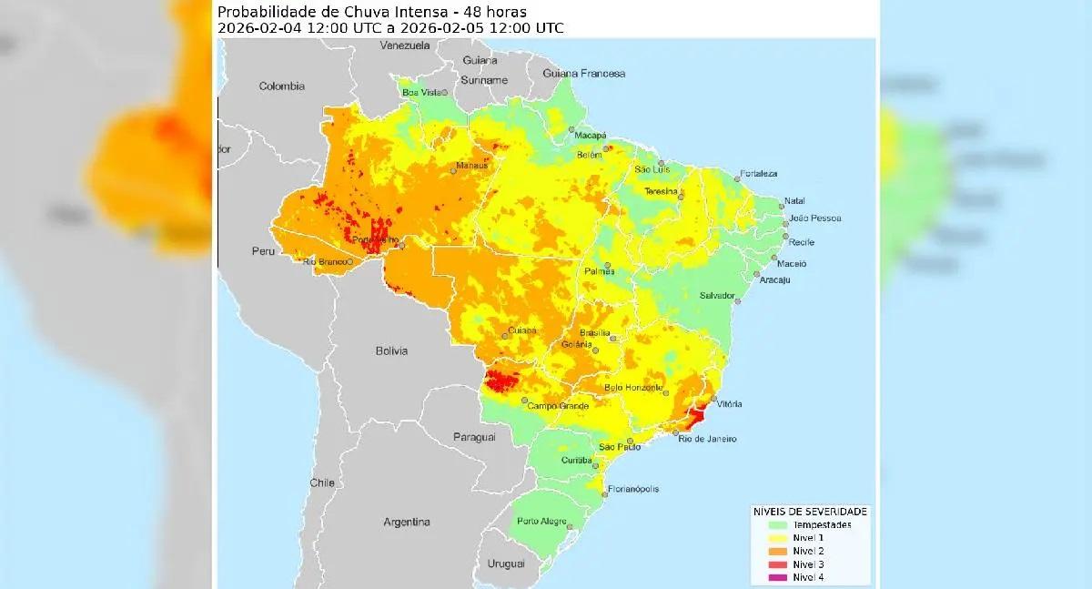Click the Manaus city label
pos(474,165)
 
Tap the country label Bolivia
pos(392,350)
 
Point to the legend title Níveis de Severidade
pos(810,511)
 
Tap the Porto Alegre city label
pos(541,522)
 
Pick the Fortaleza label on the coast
pos(759,173)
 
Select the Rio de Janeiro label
pos(708,439)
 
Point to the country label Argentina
pos(406,523)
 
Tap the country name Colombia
pos(281,86)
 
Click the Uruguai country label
pos(507,564)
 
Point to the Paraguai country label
pos(474,438)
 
